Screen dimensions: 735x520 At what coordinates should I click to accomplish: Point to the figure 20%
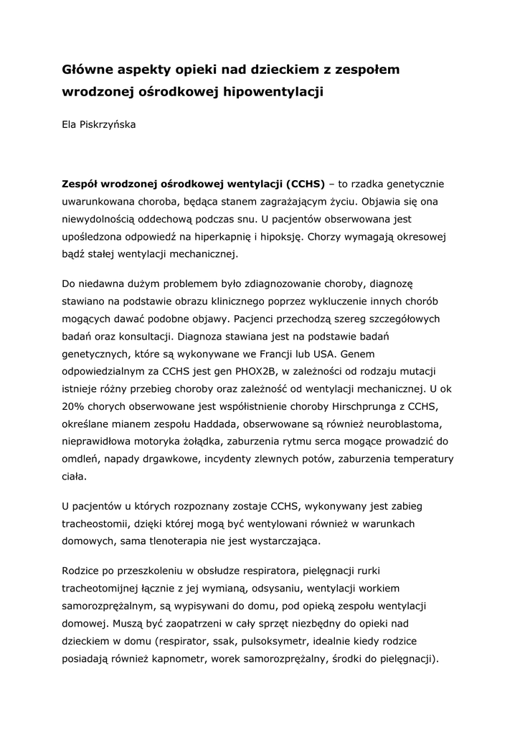73,407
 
